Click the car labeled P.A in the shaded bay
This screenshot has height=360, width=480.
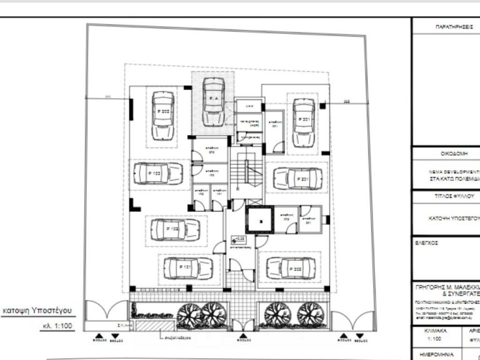[213, 101]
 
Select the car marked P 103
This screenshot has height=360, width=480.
[157, 174]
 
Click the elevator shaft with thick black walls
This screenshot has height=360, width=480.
[257, 219]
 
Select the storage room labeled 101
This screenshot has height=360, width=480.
[218, 192]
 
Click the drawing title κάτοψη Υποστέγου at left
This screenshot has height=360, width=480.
[38, 310]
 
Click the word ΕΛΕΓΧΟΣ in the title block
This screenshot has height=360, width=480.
[427, 239]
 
